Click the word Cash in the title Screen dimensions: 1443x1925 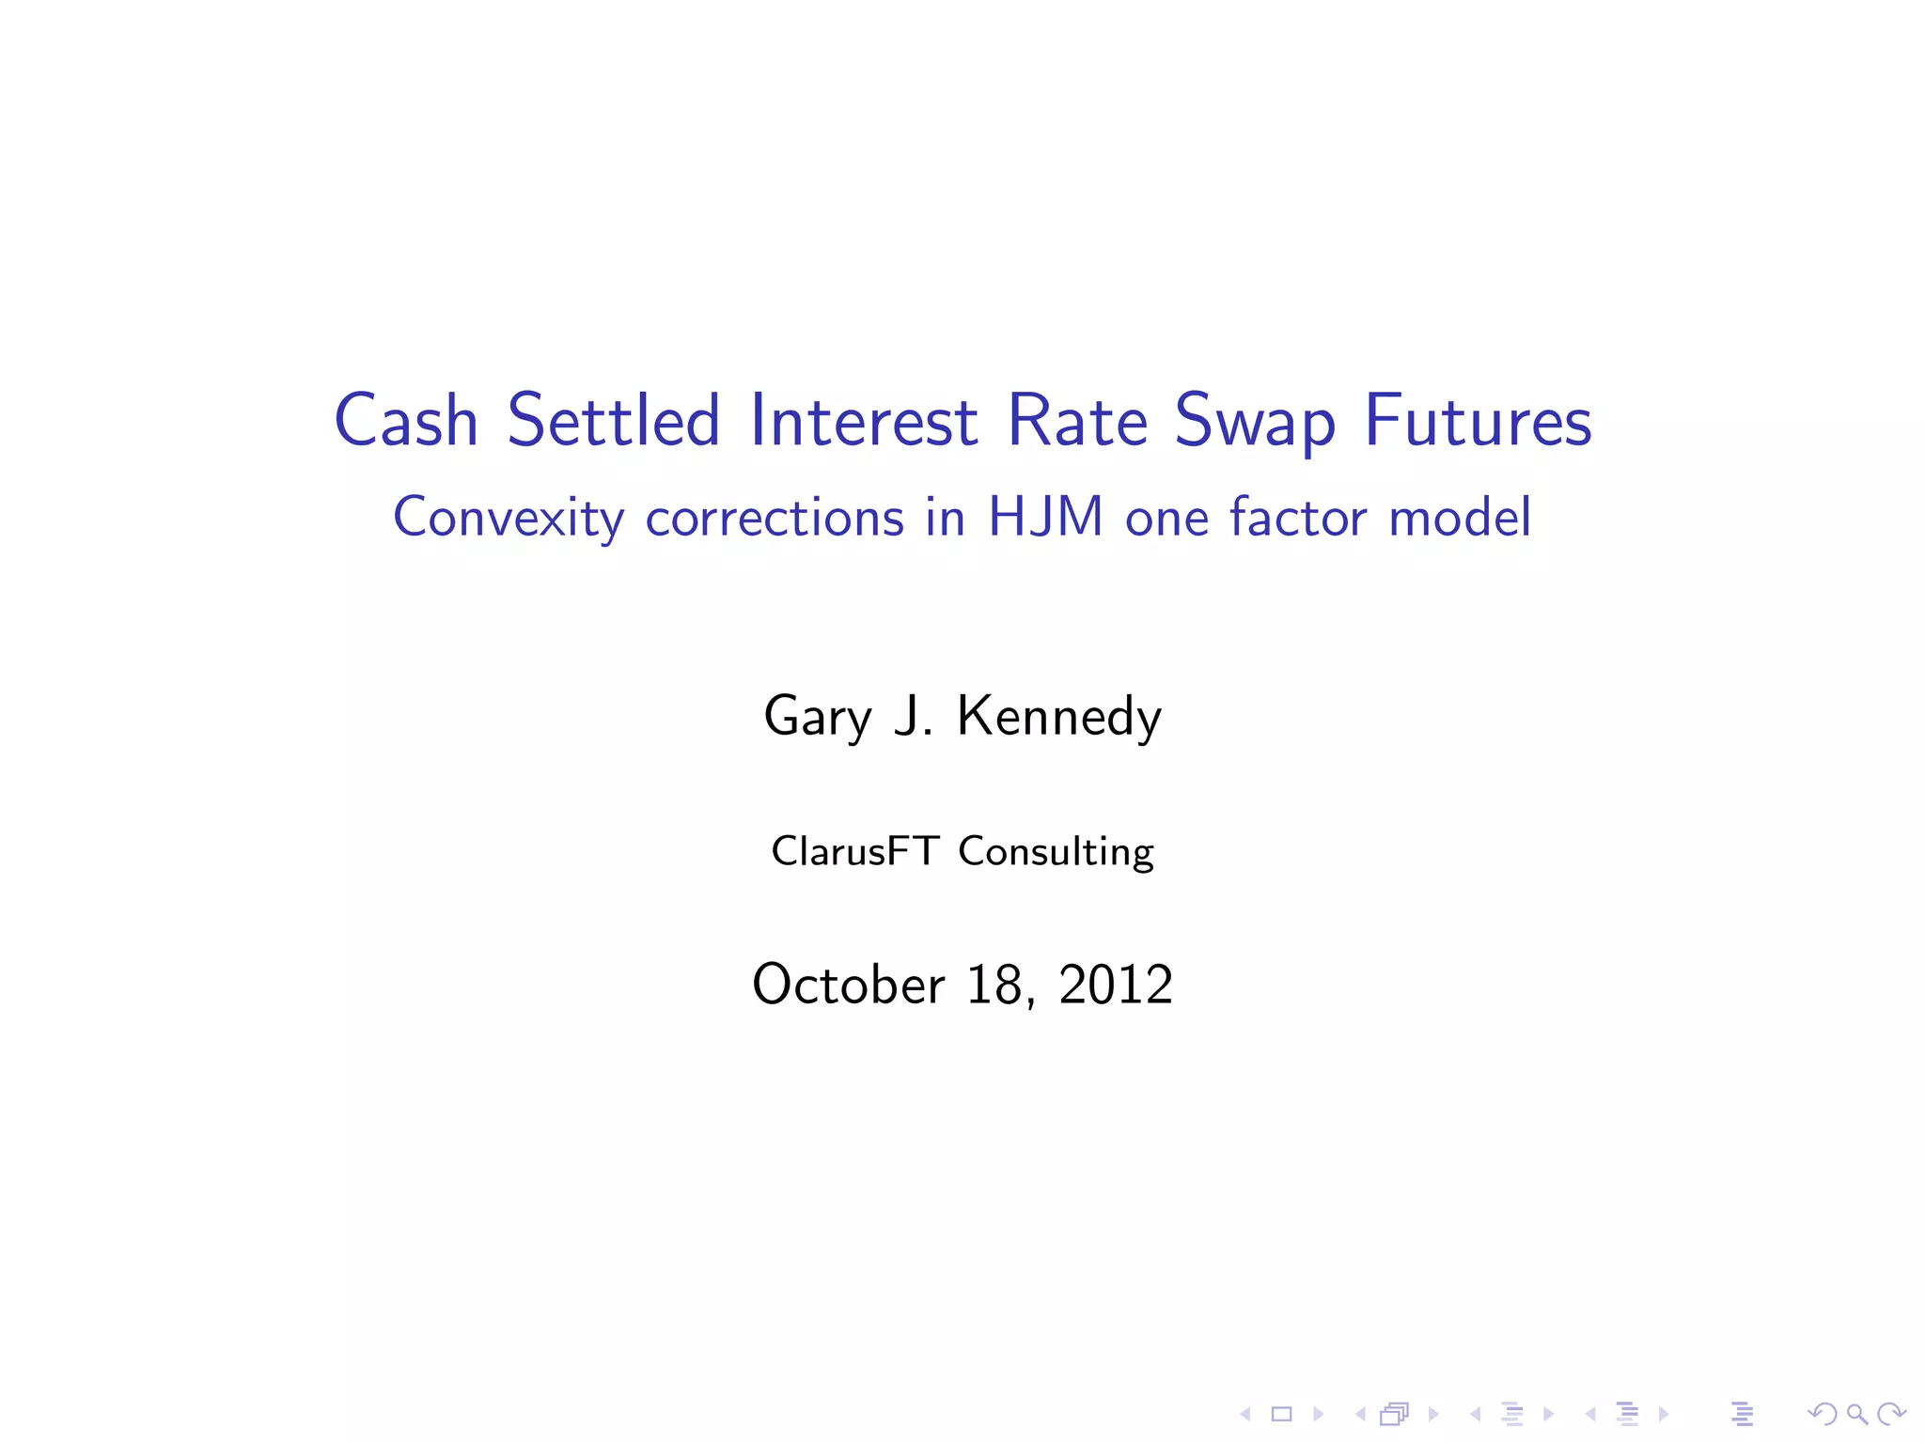pos(406,420)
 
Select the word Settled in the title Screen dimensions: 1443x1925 pos(614,420)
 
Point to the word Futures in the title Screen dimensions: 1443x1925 pos(1478,420)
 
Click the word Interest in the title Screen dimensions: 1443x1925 pos(864,420)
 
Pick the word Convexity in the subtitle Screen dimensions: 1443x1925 pos(509,518)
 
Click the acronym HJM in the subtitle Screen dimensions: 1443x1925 pos(1045,517)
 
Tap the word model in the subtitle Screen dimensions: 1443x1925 pos(1460,517)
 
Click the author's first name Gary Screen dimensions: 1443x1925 pos(818,717)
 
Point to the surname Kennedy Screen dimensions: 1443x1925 pos(1058,716)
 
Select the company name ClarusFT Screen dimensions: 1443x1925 pos(854,851)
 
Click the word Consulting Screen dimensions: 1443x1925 pos(1056,852)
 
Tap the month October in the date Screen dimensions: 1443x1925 pos(848,985)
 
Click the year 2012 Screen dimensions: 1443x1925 pos(1116,985)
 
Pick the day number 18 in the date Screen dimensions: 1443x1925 pos(997,985)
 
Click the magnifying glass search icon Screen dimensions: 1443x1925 pos(1856,1414)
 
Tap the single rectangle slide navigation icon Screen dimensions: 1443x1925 pos(1281,1414)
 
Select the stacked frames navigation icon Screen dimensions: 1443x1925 pos(1395,1414)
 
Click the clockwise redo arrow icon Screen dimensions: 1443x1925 pos(1891,1414)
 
